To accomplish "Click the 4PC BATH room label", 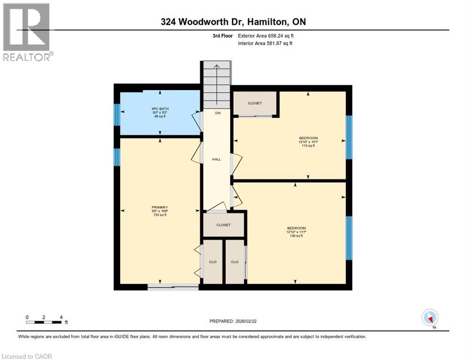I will pos(160,112).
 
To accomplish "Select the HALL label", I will pos(216,159).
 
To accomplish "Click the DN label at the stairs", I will pos(218,113).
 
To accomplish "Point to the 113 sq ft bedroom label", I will pos(308,142).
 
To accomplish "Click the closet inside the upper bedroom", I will pos(255,103).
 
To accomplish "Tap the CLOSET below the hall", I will pos(224,225).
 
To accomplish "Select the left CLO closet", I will pos(212,262).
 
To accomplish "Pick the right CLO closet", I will pos(235,262).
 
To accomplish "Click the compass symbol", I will pos(430,318).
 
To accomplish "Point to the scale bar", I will pos(44,322).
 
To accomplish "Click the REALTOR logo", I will pos(27,32).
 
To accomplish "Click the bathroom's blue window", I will pos(117,114).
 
